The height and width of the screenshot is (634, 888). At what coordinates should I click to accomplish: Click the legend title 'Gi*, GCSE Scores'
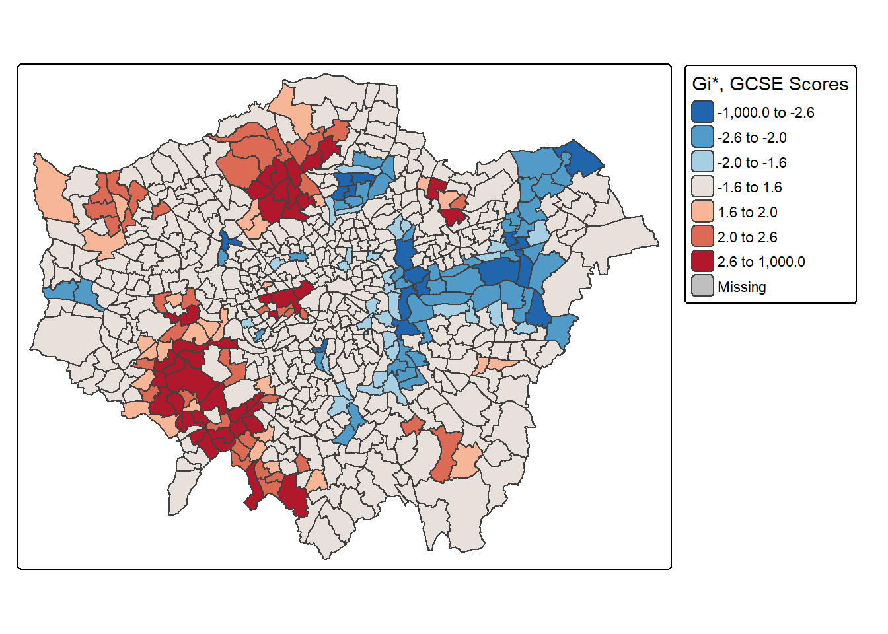pos(770,84)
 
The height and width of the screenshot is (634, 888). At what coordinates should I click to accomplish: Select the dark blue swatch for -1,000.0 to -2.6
pos(702,112)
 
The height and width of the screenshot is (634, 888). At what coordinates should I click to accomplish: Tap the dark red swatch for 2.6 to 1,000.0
pos(702,262)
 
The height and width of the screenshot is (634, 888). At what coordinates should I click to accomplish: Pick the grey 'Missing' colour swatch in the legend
pos(702,287)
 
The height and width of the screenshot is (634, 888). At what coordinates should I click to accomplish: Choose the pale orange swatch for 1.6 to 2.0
pos(702,212)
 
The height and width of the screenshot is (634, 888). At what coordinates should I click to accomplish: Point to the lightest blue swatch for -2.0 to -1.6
pos(702,162)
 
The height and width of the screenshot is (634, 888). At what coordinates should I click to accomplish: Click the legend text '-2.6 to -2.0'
pos(752,137)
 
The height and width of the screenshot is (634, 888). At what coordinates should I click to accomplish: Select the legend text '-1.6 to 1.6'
pos(749,188)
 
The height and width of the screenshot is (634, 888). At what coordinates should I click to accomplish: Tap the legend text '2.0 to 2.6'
pos(747,237)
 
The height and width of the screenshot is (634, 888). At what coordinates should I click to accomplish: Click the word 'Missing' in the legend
pos(741,287)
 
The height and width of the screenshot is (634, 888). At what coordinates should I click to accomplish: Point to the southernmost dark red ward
pos(293,495)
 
